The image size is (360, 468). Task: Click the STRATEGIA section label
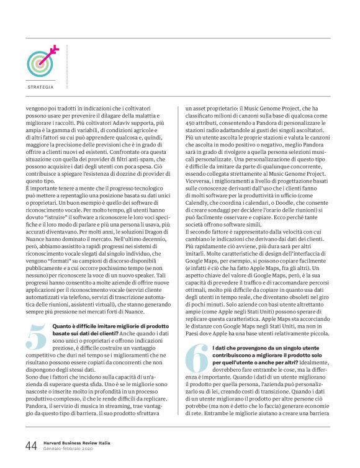tap(40, 87)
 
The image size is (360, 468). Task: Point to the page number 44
tap(31, 445)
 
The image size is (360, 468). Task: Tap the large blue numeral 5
tap(37, 343)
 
